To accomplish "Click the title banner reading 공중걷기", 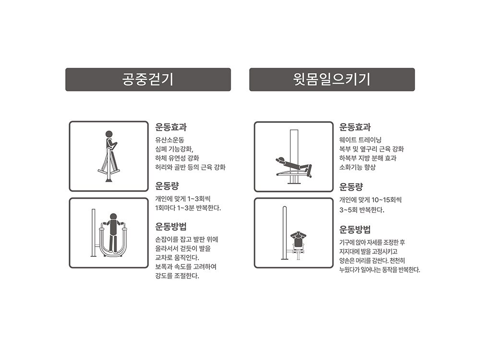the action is click(148, 80).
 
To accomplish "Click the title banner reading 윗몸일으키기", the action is click(332, 80).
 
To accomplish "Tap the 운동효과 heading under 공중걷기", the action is click(171, 127).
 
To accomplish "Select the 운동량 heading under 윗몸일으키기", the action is click(351, 186).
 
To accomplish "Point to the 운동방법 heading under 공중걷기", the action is click(171, 227).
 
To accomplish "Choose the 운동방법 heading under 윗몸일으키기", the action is click(355, 229).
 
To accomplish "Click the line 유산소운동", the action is click(169, 140).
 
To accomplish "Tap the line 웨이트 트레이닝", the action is click(360, 140).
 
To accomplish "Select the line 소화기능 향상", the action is click(357, 167).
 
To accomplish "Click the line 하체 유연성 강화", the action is click(177, 158).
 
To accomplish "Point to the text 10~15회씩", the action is click(386, 200).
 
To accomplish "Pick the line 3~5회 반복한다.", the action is click(361, 210).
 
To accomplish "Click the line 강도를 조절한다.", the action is click(177, 276).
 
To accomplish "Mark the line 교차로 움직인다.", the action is click(177, 257).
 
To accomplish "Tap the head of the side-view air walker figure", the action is click(109, 134).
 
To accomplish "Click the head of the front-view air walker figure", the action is click(113, 217).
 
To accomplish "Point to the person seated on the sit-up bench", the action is click(299, 240).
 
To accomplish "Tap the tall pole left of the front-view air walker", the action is click(94, 233).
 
